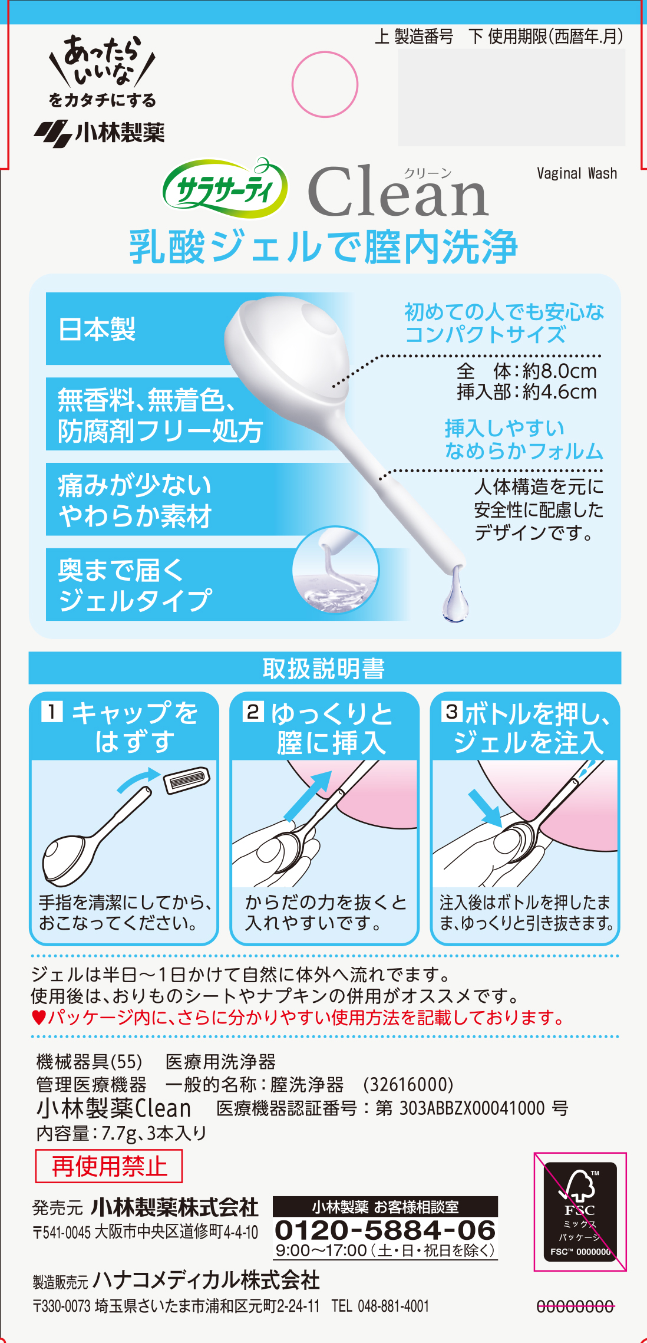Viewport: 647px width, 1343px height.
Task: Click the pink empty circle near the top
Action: pyautogui.click(x=325, y=84)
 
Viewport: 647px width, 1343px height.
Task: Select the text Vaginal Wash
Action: pyautogui.click(x=576, y=173)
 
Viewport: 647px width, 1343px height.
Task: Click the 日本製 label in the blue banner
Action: pyautogui.click(x=97, y=329)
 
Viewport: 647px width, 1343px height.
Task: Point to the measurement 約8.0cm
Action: pyautogui.click(x=559, y=371)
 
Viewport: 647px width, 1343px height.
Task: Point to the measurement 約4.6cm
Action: pyautogui.click(x=559, y=392)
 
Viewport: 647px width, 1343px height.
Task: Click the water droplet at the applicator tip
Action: pyautogui.click(x=455, y=598)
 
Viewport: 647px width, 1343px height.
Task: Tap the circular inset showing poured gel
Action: pyautogui.click(x=335, y=570)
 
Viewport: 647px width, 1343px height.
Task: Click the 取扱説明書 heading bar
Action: pyautogui.click(x=325, y=668)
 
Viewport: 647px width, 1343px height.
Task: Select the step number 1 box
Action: pyautogui.click(x=52, y=712)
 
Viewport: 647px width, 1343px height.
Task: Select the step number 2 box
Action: pyautogui.click(x=252, y=712)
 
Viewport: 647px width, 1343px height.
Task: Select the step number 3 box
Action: pyautogui.click(x=452, y=712)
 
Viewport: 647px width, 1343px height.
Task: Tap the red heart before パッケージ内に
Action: pyautogui.click(x=38, y=1018)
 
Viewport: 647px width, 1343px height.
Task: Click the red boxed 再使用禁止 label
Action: pyautogui.click(x=109, y=1166)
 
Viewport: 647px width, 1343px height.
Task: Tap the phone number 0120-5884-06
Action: pyautogui.click(x=385, y=1230)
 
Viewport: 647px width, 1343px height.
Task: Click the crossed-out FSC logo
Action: pyautogui.click(x=580, y=1211)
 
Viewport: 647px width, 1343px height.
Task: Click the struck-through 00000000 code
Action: pyautogui.click(x=575, y=1307)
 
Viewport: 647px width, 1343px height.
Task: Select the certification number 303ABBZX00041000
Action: pyautogui.click(x=471, y=1108)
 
